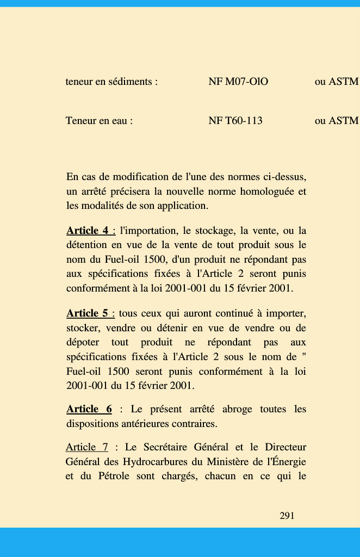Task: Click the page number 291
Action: click(x=287, y=516)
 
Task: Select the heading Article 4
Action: click(x=91, y=231)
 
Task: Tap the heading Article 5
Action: click(x=90, y=313)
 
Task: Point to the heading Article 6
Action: click(x=89, y=409)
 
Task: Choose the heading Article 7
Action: click(x=87, y=448)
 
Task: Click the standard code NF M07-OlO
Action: click(x=238, y=82)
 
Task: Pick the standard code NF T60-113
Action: click(x=235, y=121)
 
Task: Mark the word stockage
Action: click(x=208, y=231)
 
